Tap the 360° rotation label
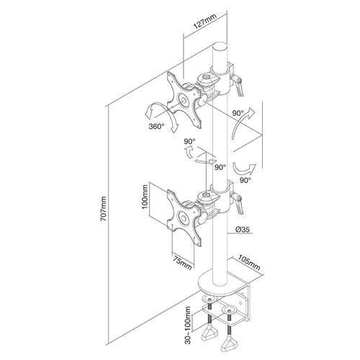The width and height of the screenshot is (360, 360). coord(157,125)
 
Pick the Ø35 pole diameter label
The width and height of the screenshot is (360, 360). coord(243,231)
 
